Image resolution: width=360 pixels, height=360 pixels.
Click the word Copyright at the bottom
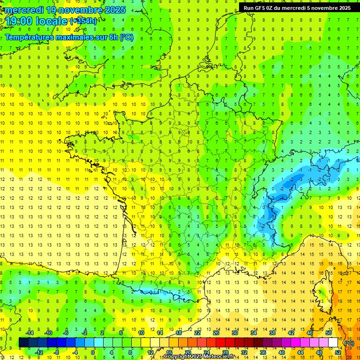[x=177, y=357]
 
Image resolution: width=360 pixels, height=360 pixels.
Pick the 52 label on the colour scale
[x=338, y=352]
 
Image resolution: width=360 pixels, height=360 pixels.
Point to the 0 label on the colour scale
[x=93, y=352]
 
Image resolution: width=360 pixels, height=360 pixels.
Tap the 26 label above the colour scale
[x=216, y=333]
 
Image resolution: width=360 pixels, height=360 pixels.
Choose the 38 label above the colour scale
[x=272, y=333]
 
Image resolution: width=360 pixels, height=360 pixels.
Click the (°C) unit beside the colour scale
[x=349, y=343]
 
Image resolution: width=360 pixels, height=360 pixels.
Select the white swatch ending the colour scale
[x=333, y=343]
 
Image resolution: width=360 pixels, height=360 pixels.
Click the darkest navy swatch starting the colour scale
[x=24, y=343]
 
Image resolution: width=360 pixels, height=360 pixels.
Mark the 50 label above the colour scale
[x=329, y=333]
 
